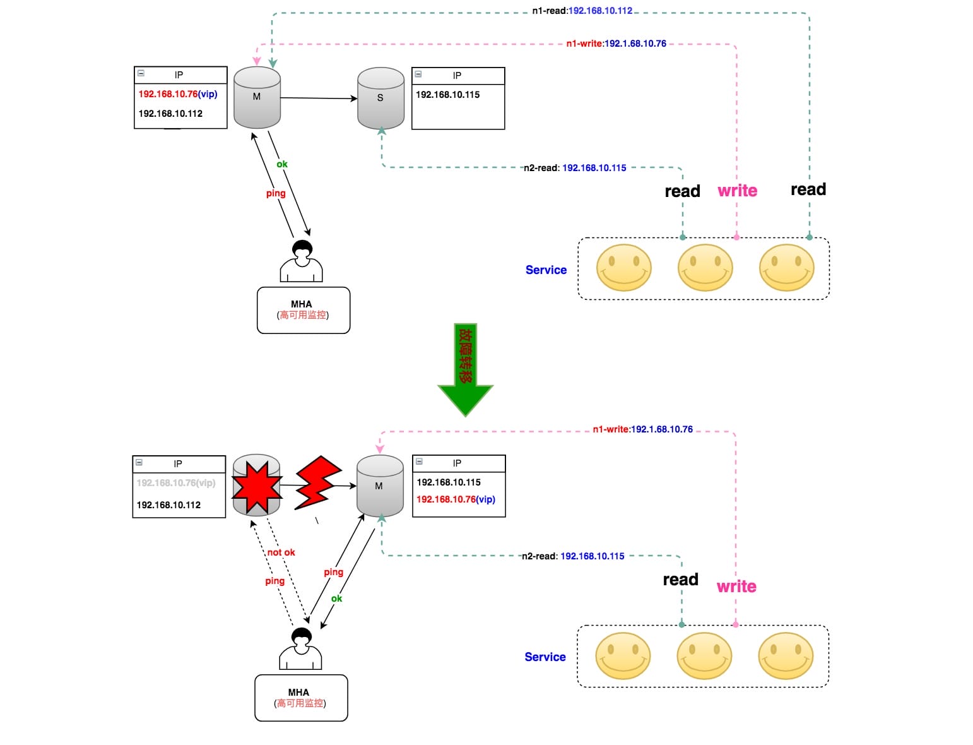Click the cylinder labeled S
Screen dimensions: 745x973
click(380, 98)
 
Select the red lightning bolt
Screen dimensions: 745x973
click(317, 483)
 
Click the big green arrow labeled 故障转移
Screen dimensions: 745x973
click(465, 369)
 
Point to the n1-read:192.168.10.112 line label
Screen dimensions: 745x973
click(582, 11)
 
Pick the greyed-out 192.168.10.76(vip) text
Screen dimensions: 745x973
click(176, 483)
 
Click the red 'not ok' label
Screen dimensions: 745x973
click(281, 552)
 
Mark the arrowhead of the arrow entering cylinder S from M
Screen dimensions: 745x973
click(354, 98)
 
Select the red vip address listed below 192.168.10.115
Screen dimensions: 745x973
click(456, 499)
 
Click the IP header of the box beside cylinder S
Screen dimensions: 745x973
click(457, 76)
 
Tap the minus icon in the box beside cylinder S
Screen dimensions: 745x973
click(418, 74)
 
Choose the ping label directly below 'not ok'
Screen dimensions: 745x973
click(274, 581)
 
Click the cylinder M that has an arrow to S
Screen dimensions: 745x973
click(257, 98)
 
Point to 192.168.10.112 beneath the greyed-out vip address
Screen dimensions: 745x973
click(168, 505)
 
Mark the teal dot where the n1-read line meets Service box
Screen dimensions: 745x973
click(810, 237)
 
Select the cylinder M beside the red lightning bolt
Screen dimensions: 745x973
click(379, 486)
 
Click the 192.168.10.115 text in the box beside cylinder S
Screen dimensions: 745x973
click(447, 95)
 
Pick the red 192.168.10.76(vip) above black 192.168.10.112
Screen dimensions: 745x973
click(177, 94)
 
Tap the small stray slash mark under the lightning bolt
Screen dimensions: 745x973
click(317, 521)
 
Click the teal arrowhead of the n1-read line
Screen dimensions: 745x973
click(273, 63)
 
